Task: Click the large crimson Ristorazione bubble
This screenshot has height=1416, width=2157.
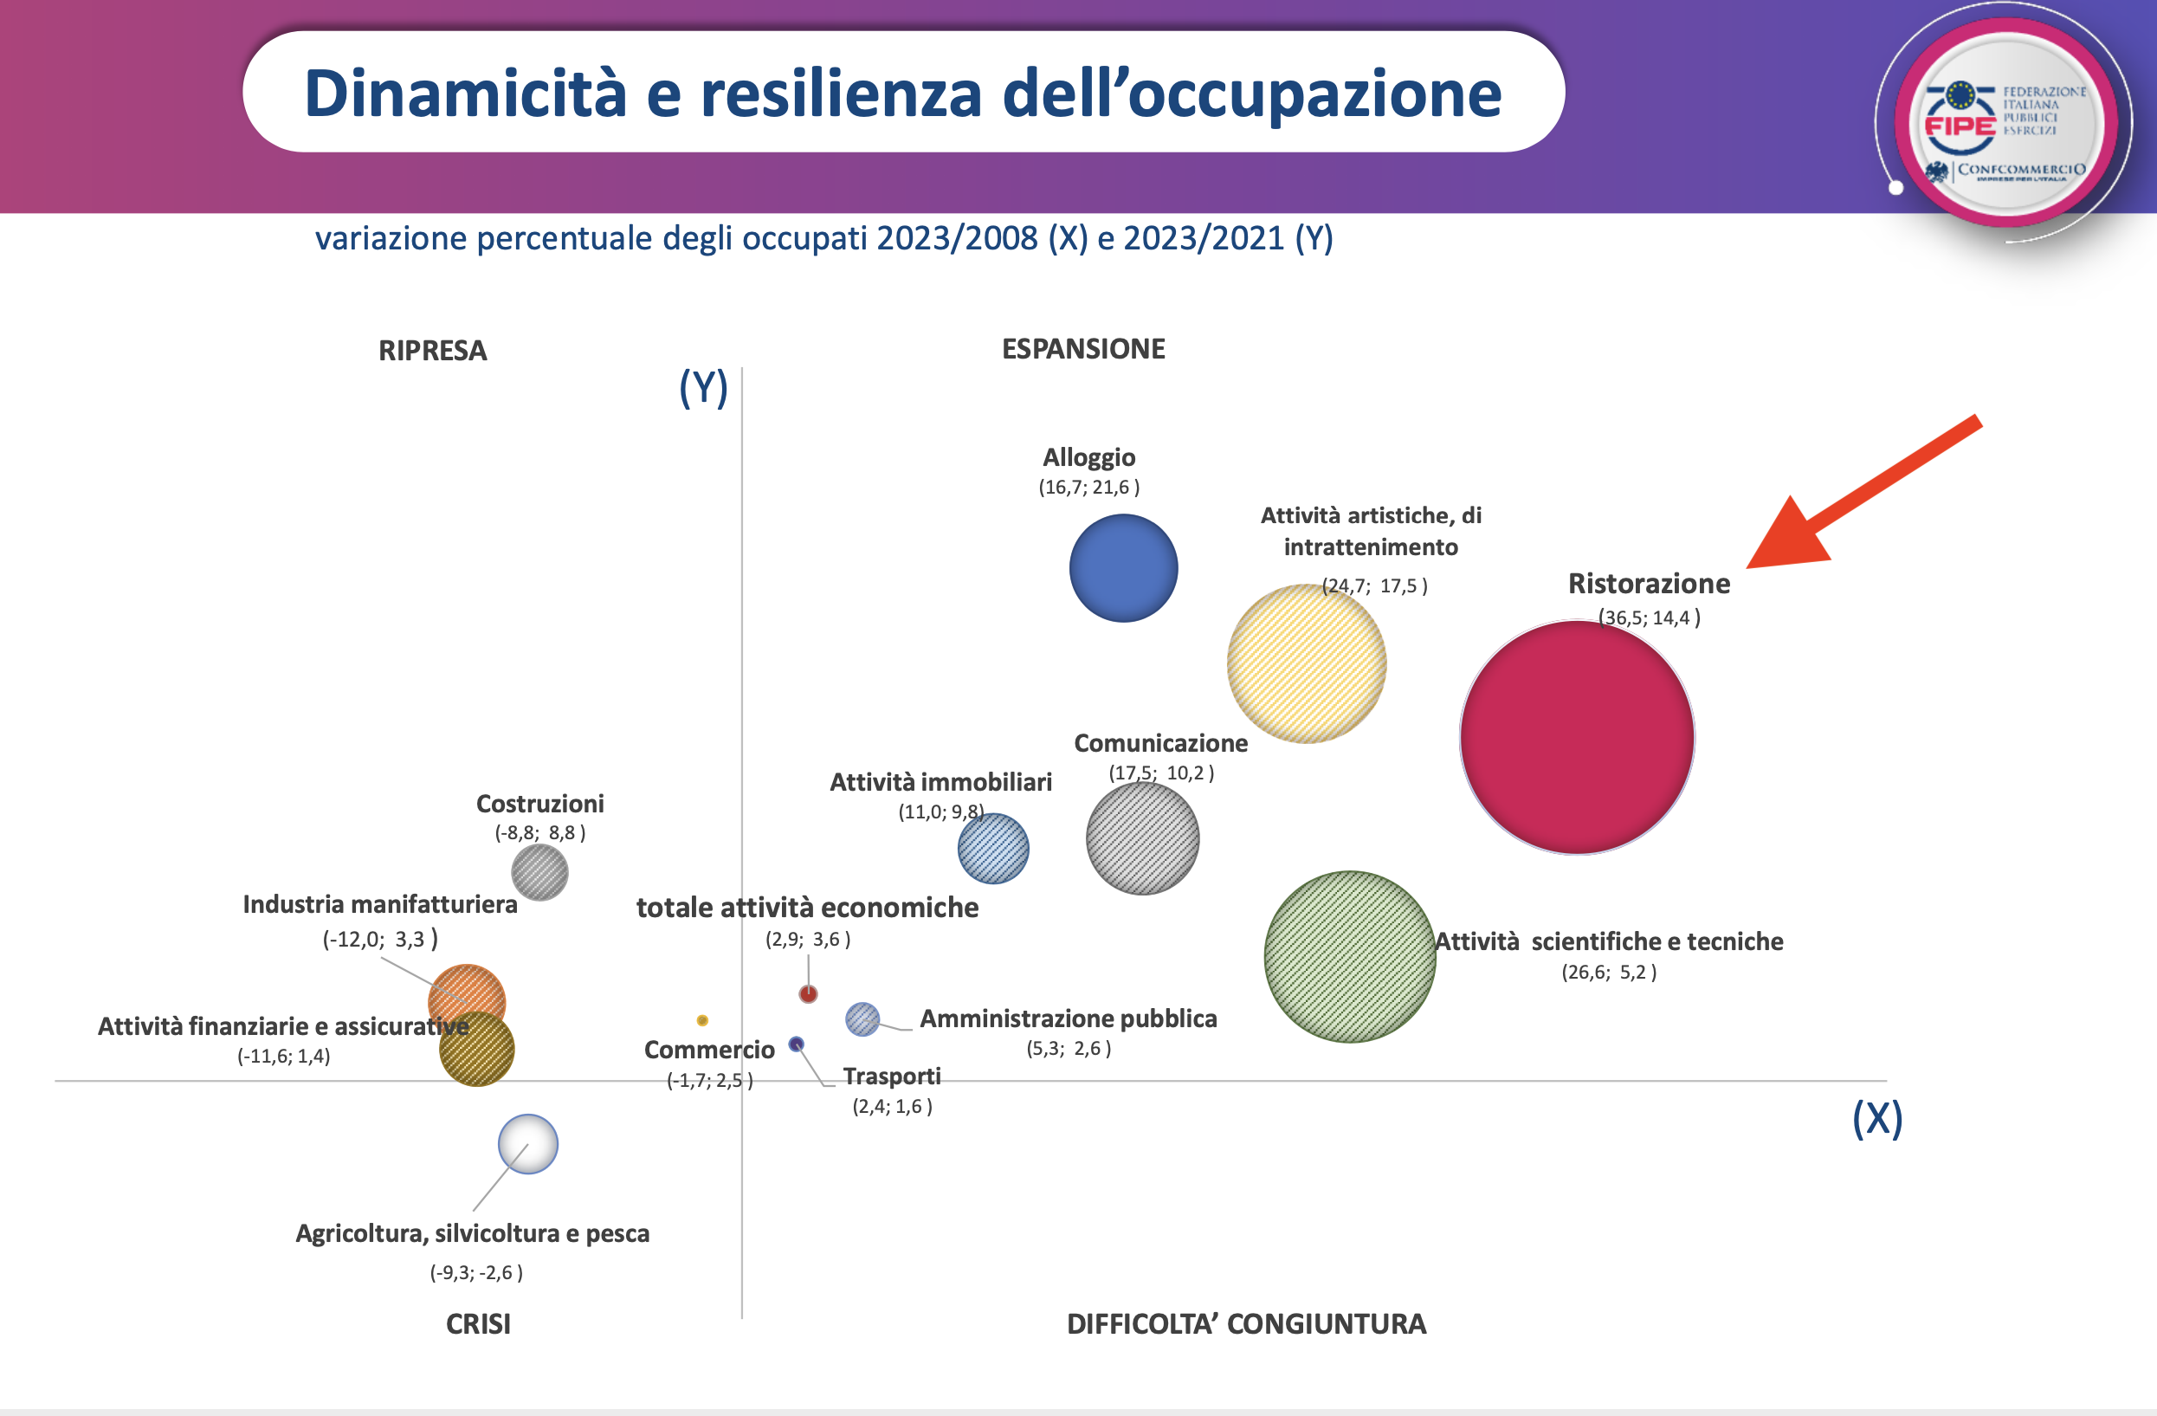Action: tap(1577, 737)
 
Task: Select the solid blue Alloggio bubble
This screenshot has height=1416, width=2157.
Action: tap(1123, 568)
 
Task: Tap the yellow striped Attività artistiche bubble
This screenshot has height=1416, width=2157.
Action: tap(1306, 663)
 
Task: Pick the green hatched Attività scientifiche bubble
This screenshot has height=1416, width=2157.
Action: tap(1349, 956)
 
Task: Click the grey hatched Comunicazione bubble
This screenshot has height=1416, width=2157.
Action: tap(1142, 838)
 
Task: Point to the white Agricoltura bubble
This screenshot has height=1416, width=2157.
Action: tap(527, 1143)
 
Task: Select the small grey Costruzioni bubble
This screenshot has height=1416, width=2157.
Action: tap(539, 872)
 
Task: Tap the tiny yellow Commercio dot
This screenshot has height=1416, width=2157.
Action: tap(702, 1020)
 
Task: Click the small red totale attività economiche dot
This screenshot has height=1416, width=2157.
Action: tap(808, 993)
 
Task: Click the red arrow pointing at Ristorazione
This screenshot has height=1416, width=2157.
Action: tap(1858, 499)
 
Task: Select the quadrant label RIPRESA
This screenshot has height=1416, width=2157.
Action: tap(432, 351)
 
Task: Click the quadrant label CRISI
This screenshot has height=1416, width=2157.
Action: tap(478, 1323)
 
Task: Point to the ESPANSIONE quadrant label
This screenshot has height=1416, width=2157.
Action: tap(1083, 349)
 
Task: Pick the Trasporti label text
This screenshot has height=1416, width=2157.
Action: tap(892, 1076)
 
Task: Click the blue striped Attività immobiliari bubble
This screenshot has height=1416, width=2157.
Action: tap(993, 849)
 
